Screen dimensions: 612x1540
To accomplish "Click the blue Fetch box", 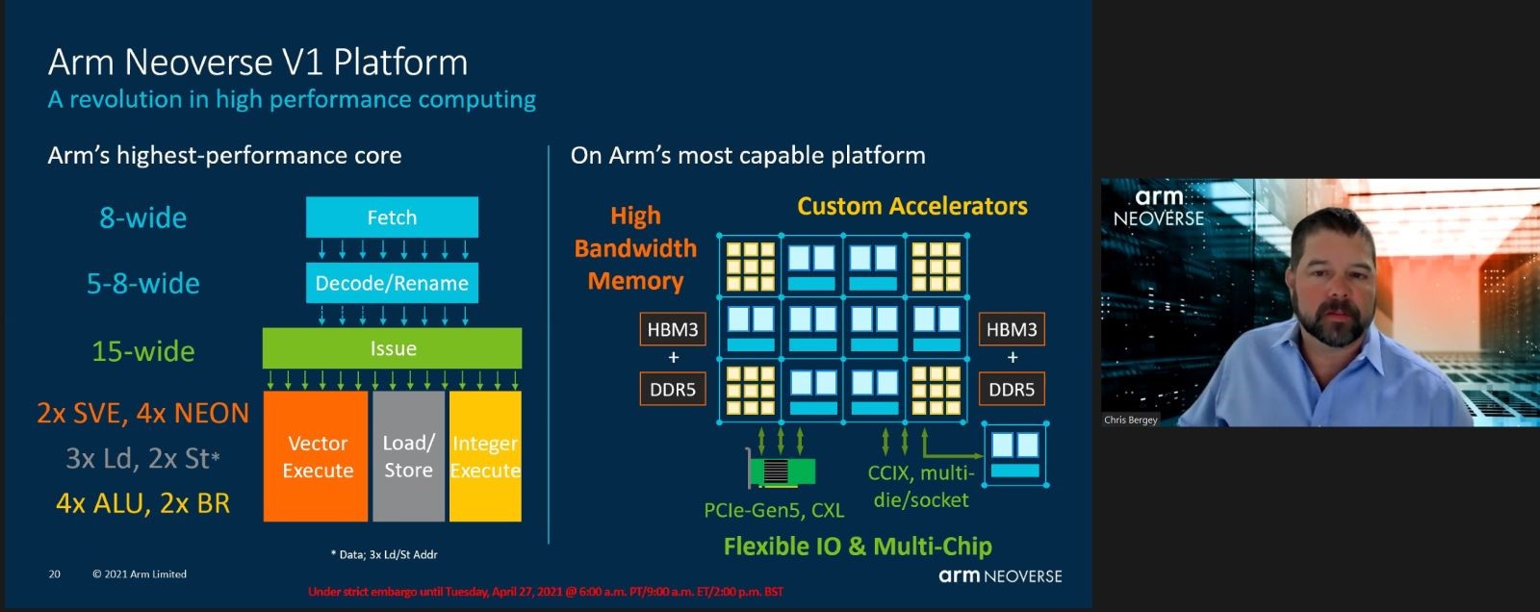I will point(392,217).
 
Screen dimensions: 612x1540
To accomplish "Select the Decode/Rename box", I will point(392,283).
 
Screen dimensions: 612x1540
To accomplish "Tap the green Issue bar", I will point(392,348).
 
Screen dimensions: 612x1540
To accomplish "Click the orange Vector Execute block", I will point(317,456).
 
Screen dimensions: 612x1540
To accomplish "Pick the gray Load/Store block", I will point(408,456).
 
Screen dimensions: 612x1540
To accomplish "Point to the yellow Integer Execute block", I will point(485,456).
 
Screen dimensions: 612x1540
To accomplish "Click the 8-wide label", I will point(143,217).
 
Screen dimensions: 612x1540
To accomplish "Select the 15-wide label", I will point(143,350).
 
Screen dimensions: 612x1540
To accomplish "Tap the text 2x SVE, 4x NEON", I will point(142,413).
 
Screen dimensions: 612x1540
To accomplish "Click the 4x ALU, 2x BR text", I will point(142,502).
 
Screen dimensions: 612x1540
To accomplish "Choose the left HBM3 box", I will point(672,329).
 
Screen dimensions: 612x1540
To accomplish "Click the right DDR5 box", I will point(1012,390).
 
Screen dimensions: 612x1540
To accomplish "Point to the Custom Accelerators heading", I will point(911,206).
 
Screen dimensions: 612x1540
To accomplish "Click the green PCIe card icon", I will point(783,472).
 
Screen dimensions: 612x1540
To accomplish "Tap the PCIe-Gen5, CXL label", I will point(773,510).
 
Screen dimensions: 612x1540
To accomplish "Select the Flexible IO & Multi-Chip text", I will point(857,547).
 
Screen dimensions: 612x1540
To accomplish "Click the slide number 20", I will point(54,574).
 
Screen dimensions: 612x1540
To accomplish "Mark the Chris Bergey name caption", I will point(1130,420).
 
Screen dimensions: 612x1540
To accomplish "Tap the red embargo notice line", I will point(545,592).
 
